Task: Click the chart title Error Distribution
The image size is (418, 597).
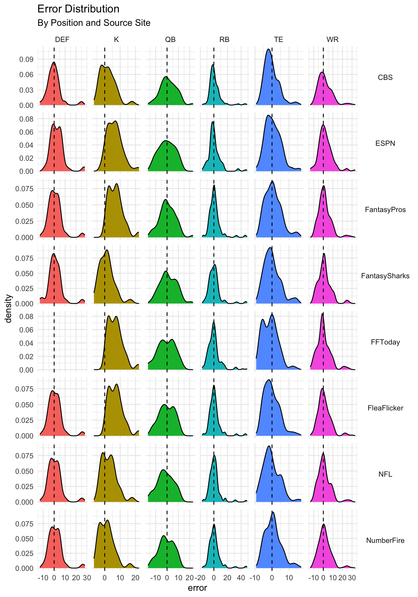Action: click(78, 9)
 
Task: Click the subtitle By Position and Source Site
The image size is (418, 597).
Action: click(94, 23)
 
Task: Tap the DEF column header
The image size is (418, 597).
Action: click(62, 39)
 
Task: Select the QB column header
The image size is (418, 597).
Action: click(170, 39)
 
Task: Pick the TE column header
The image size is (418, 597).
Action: click(278, 39)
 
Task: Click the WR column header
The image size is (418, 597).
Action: click(332, 39)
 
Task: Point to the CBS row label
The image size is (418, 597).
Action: click(385, 77)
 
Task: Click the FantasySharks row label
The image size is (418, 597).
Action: click(385, 276)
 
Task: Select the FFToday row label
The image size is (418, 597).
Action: click(385, 342)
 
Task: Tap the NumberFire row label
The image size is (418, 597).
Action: click(385, 540)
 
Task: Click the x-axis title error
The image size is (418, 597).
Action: click(197, 588)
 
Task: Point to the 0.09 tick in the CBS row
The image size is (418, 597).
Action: click(26, 59)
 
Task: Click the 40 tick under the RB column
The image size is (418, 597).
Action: click(241, 578)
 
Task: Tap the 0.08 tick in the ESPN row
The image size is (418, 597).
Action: click(26, 119)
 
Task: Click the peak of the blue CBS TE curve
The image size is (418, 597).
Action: click(268, 49)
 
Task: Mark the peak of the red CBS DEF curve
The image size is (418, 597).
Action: click(54, 62)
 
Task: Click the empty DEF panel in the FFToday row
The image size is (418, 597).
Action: click(62, 340)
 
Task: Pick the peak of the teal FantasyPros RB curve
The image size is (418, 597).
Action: click(214, 185)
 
